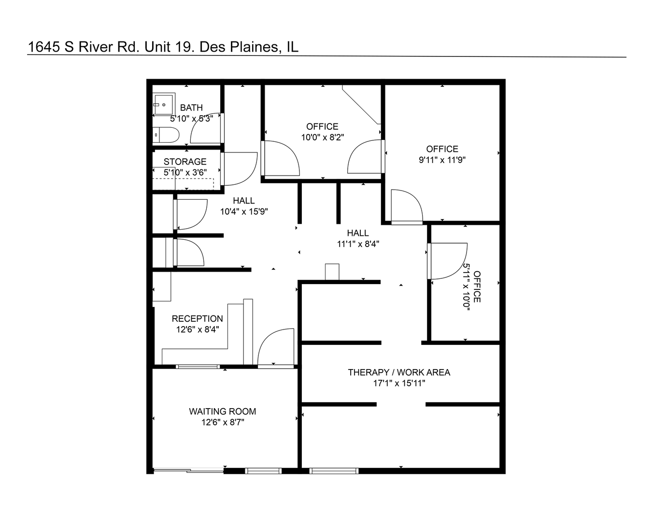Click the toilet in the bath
click(x=166, y=135)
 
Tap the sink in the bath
click(x=164, y=104)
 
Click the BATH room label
click(x=191, y=108)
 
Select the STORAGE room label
click(x=184, y=162)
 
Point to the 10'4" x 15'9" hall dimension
click(x=244, y=211)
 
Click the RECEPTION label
click(x=197, y=318)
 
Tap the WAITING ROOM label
click(x=222, y=411)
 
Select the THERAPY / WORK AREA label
click(x=399, y=372)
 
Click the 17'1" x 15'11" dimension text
click(x=399, y=384)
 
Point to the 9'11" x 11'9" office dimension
click(x=442, y=160)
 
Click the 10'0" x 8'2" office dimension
click(x=322, y=137)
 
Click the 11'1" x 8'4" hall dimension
click(x=358, y=244)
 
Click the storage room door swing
click(x=240, y=168)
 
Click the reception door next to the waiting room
click(x=276, y=348)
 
